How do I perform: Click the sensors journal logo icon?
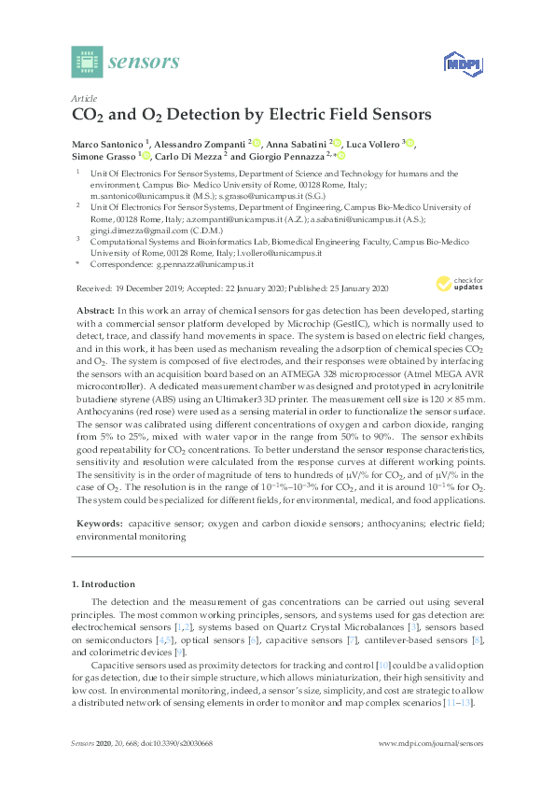point(86,63)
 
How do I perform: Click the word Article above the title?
point(84,98)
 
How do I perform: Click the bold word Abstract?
point(92,308)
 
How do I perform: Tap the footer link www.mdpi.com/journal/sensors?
point(432,770)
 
